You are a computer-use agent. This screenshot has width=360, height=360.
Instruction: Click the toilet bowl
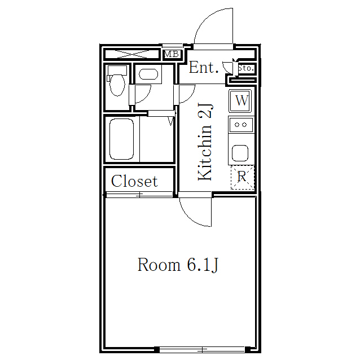117,85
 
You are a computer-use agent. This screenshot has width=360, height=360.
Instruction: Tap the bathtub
122,139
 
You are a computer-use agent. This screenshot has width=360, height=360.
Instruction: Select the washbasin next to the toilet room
148,74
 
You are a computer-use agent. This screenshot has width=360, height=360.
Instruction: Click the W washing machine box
240,100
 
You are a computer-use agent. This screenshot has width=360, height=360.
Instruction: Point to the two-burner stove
241,125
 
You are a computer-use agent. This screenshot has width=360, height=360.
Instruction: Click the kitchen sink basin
240,153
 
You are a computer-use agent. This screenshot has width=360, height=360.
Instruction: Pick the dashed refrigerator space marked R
243,177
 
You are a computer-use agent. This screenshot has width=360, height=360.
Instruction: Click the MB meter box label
172,54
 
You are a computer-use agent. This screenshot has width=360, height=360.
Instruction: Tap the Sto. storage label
246,68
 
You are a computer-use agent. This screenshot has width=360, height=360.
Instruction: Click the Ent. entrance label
204,67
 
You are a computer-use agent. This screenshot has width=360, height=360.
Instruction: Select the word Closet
134,181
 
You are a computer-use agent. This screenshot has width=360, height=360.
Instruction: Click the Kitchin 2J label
205,142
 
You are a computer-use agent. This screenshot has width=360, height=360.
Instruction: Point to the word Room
159,265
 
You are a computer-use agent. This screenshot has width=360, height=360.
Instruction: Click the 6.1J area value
203,265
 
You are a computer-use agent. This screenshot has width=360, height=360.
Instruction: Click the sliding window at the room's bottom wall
202,349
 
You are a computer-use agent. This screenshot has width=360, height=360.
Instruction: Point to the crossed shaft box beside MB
132,54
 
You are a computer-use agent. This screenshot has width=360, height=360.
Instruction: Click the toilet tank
117,71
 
